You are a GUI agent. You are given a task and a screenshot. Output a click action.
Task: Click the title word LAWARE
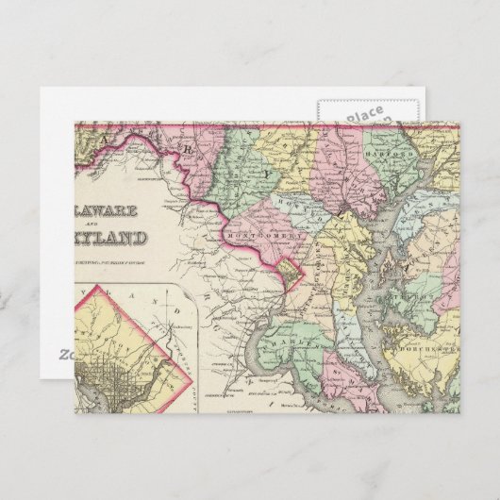[x=110, y=208]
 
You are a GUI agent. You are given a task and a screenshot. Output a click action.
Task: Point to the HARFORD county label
[x=386, y=151]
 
